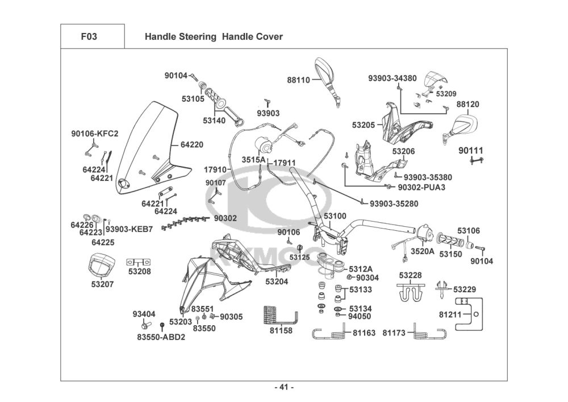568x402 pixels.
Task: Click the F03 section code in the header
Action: coord(89,37)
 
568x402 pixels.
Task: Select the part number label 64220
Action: coord(192,145)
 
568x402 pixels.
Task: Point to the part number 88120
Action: coord(468,105)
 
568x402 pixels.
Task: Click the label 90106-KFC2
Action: coord(95,134)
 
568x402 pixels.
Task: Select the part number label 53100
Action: coord(335,216)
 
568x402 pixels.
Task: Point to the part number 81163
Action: coord(364,333)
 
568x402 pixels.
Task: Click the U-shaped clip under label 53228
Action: coord(410,291)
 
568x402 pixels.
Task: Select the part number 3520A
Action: coord(423,251)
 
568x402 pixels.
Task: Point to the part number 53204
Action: coord(277,281)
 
